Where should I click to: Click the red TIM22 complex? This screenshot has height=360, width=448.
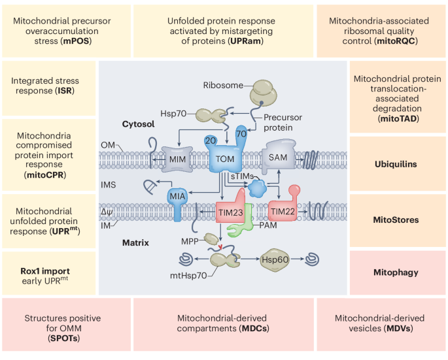point(284,211)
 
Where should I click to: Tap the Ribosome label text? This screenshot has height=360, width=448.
point(222,86)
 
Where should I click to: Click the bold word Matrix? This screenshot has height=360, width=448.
point(137,242)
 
